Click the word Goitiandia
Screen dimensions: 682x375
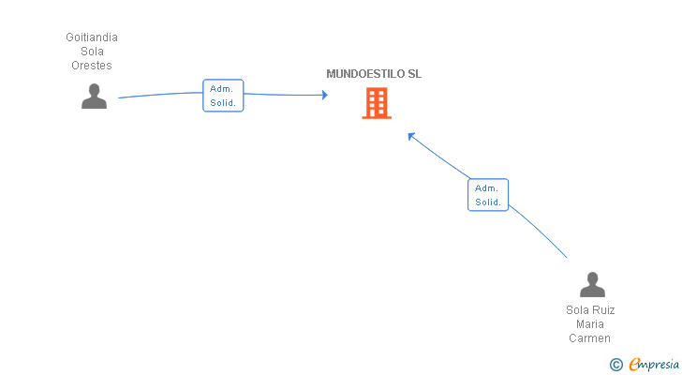point(92,37)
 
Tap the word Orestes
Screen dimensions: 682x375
point(92,66)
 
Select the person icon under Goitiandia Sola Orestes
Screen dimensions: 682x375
point(94,97)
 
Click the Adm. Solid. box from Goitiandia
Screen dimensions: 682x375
point(223,96)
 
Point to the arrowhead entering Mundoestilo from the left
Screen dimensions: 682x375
point(324,95)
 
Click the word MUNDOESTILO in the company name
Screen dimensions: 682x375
point(365,74)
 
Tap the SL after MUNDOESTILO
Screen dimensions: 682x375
point(414,74)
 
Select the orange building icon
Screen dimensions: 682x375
point(377,103)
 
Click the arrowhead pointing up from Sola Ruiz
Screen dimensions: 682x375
point(410,136)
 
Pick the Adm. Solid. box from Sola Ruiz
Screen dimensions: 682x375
point(488,195)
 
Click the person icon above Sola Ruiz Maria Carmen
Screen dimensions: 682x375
point(592,284)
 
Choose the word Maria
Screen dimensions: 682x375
point(590,324)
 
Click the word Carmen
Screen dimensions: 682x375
point(590,338)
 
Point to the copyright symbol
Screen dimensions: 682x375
point(616,365)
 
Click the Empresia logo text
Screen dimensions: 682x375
point(654,364)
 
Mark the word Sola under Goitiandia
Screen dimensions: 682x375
point(92,52)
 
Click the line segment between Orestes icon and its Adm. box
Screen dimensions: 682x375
point(160,94)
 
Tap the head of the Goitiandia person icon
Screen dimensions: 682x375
point(94,90)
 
